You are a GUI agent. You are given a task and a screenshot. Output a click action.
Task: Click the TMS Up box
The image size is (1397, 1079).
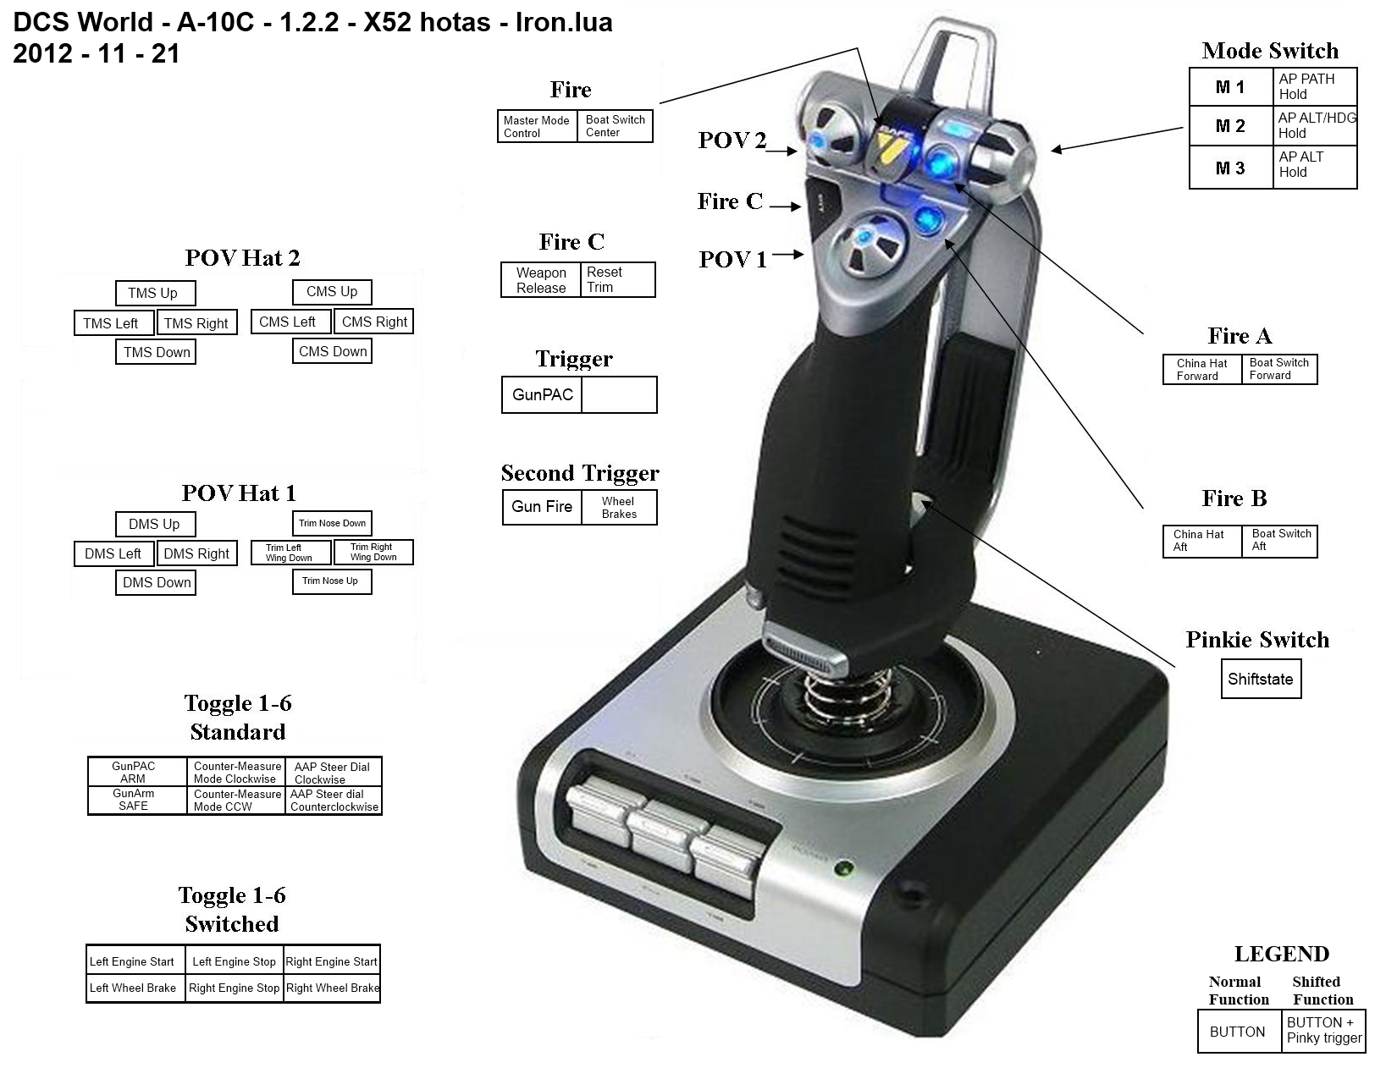coord(156,293)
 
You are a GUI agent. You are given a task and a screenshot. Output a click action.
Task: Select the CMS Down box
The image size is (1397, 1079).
coord(333,351)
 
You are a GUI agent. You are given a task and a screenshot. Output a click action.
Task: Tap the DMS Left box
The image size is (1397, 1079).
coord(113,553)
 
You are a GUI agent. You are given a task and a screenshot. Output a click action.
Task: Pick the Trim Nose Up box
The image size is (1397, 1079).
coord(333,581)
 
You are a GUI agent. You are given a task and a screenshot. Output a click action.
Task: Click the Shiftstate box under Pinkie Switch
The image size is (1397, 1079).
coord(1261,679)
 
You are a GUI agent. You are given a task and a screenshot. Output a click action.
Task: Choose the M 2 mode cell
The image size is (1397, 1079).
coord(1230,126)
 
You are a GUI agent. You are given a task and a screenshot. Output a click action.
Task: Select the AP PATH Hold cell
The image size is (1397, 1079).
coord(1315,87)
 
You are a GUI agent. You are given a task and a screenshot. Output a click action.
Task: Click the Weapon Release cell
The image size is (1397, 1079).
coord(541,280)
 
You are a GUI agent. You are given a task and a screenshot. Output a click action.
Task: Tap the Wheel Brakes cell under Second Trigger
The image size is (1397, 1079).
coord(619,508)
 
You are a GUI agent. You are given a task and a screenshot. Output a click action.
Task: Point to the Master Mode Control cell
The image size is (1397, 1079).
coord(538,127)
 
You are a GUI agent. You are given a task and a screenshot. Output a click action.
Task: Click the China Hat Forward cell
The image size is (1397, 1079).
coord(1201,370)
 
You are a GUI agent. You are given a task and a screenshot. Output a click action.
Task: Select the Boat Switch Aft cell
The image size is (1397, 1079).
coord(1279,541)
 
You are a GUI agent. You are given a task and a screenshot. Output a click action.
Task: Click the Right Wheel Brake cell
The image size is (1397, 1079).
coord(333,988)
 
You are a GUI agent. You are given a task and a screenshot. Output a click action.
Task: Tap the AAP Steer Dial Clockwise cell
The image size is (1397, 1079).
coord(333,772)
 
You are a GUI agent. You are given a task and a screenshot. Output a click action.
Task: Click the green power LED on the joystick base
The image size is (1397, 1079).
coord(843,869)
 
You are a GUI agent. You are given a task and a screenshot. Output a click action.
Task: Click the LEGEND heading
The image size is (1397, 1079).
coord(1281,954)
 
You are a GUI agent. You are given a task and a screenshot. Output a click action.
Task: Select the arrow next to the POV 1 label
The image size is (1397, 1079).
coord(787,255)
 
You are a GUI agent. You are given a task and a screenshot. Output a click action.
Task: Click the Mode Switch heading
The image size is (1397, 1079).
coord(1270,51)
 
